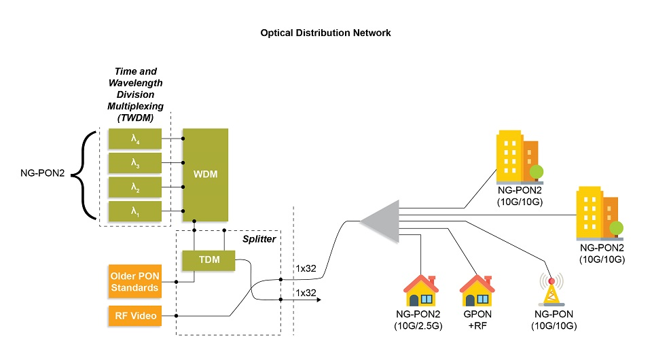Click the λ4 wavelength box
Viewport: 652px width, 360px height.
[135, 139]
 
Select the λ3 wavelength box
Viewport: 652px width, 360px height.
[135, 163]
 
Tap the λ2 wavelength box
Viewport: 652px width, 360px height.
[135, 187]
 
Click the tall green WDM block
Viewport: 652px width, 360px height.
[205, 175]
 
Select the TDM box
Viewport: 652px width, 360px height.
[209, 261]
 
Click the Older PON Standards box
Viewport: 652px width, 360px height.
[134, 281]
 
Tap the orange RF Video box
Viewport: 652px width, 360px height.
[135, 316]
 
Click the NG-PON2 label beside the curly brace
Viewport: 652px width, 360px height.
[42, 173]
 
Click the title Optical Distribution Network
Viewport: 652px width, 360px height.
[325, 33]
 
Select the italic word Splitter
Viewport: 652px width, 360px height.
[259, 239]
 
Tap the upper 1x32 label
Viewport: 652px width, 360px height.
[306, 268]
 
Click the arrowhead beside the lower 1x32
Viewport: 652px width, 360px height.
[319, 300]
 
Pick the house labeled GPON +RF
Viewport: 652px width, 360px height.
[477, 291]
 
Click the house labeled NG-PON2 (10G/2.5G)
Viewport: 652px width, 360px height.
[421, 291]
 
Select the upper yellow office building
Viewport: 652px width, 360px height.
[520, 158]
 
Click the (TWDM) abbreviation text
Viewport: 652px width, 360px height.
[136, 118]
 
